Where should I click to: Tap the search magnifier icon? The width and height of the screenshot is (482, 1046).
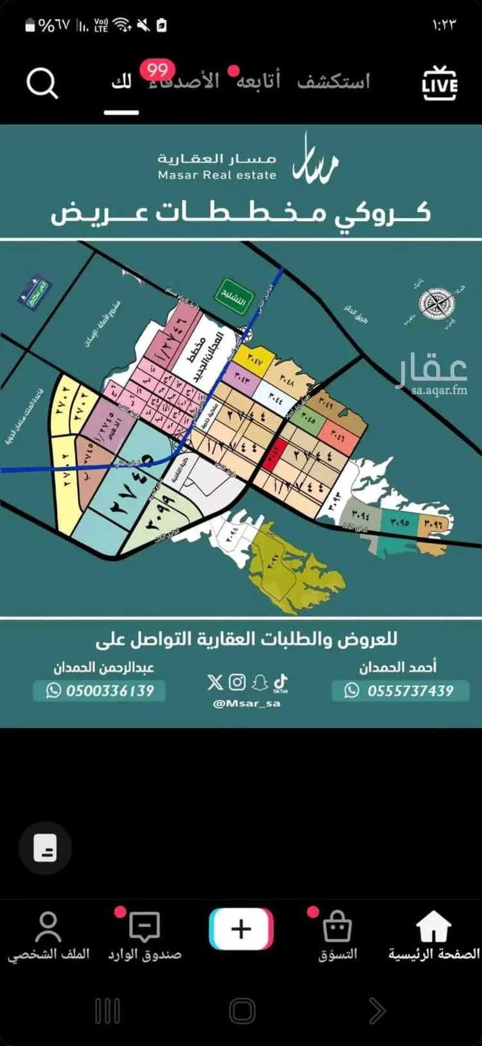(42, 84)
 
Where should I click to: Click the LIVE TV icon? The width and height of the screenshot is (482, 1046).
(440, 84)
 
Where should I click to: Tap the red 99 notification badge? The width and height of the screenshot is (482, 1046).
(157, 69)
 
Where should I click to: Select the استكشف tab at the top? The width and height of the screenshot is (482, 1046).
(334, 82)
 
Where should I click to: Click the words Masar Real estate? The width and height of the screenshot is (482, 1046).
(217, 175)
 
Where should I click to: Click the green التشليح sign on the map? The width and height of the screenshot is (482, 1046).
(233, 296)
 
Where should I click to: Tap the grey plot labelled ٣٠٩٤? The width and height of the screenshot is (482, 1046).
(361, 515)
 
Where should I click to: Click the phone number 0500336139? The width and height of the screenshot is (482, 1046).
(109, 691)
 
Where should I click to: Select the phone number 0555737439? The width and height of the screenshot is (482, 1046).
(410, 691)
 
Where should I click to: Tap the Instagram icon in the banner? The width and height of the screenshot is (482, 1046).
(237, 682)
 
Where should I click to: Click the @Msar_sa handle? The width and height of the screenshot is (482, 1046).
(247, 703)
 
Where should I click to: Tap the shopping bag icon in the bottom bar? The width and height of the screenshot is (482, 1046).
(337, 928)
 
